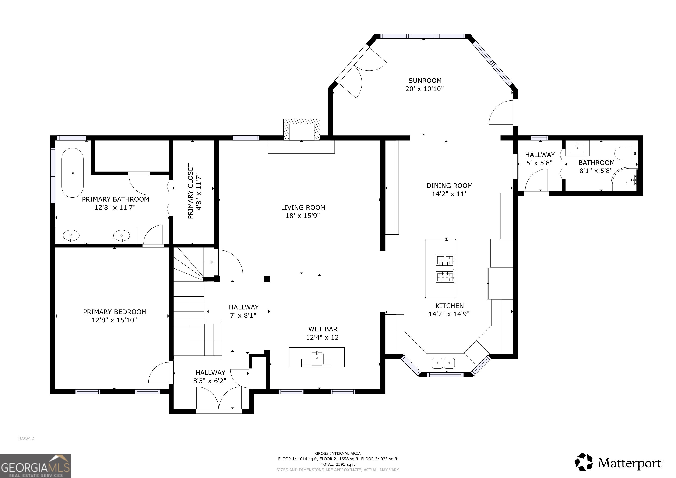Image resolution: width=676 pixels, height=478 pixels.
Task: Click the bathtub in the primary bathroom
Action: pos(72,173)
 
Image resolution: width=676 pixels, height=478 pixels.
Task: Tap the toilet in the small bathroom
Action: pos(626,154)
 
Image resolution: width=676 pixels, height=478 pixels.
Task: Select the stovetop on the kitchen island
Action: pos(445,268)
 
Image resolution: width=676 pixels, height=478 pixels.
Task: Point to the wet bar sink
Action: pos(317,358)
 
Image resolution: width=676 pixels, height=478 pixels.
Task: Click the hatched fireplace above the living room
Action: pos(302,130)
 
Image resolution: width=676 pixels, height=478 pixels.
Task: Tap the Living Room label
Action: pos(303,207)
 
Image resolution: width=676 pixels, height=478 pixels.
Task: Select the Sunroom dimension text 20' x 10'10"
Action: pos(425,89)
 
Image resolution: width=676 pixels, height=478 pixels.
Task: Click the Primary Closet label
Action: pos(190,191)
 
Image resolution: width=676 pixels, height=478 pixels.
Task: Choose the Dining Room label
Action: pos(449,186)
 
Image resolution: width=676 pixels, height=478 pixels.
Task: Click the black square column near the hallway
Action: pos(267,279)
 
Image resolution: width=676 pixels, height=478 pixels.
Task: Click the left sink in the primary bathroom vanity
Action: pos(71,235)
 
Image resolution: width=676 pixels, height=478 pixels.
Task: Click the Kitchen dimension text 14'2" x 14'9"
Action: pos(449,314)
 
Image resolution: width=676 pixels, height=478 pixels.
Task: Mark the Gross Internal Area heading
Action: pos(338,453)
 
